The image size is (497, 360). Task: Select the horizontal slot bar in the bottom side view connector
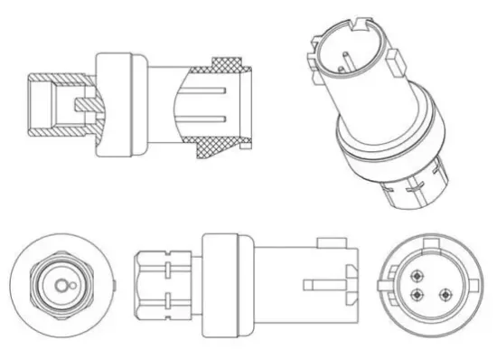point(321,287)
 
